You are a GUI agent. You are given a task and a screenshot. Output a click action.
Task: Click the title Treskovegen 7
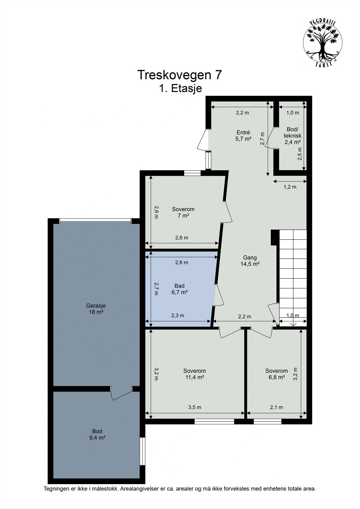click(180, 75)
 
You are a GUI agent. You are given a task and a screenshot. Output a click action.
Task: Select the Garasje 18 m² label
click(96, 309)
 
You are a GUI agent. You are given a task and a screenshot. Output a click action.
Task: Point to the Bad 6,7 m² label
click(180, 289)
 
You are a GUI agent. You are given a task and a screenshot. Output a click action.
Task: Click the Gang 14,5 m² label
click(250, 261)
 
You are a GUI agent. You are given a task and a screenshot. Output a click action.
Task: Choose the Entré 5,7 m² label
click(243, 136)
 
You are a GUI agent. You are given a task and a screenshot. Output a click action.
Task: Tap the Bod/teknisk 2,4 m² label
click(293, 136)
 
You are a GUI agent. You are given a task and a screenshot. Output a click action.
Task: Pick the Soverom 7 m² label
click(183, 212)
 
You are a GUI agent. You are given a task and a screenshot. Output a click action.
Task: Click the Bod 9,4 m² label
click(97, 434)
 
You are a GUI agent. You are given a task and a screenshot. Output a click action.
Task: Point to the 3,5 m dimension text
click(195, 407)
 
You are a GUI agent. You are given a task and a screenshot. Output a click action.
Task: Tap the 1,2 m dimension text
click(290, 187)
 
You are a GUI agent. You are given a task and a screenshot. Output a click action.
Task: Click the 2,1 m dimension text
click(277, 407)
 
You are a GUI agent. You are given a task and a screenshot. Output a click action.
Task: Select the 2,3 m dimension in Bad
click(178, 315)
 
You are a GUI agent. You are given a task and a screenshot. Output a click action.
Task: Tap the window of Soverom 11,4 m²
click(214, 422)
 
